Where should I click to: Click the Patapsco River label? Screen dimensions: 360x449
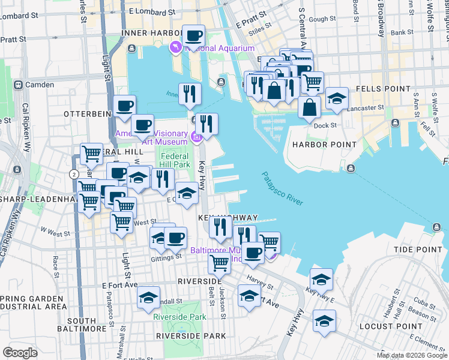282,188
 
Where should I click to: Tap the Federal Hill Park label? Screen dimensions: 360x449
174,160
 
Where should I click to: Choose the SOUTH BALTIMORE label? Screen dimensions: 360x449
82,324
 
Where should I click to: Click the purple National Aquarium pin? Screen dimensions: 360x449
176,47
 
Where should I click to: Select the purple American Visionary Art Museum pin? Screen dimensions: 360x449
196,139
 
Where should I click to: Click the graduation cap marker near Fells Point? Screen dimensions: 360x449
337,98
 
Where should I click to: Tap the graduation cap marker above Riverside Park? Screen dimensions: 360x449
148,298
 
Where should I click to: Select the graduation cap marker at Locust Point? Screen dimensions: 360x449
324,320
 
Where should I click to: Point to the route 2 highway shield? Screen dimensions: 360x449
74,174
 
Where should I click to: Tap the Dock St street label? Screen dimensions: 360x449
325,125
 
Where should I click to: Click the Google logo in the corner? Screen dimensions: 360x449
20,352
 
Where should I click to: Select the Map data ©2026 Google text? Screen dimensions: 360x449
412,355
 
